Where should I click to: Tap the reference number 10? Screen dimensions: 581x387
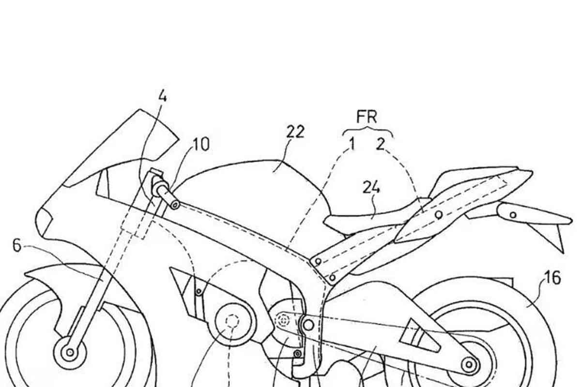point(201,145)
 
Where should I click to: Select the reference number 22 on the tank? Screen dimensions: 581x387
point(295,132)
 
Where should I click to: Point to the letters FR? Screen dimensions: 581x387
point(367,117)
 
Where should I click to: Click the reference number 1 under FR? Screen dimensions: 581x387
point(352,144)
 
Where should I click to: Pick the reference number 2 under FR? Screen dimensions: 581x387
point(380,144)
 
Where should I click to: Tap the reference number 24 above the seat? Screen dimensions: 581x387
point(371,187)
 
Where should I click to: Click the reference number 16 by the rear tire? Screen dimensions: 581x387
point(553,278)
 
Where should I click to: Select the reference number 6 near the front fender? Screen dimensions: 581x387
point(17,246)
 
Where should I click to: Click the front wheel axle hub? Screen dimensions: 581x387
point(70,353)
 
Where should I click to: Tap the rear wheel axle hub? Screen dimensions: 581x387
point(469,364)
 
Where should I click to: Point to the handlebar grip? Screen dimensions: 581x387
point(167,191)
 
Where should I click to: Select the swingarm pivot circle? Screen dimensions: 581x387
point(308,325)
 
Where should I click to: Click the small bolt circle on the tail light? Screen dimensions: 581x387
point(513,215)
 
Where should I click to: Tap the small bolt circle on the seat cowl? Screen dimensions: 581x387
point(439,215)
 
